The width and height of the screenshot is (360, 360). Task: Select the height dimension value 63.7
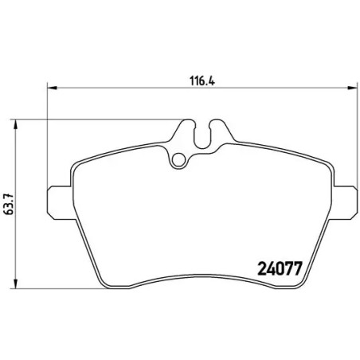coord(9,202)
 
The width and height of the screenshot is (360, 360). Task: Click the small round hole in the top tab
coord(181,158)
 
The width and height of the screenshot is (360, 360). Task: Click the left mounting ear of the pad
coord(60,201)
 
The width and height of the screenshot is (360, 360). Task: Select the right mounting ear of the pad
coord(345,201)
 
